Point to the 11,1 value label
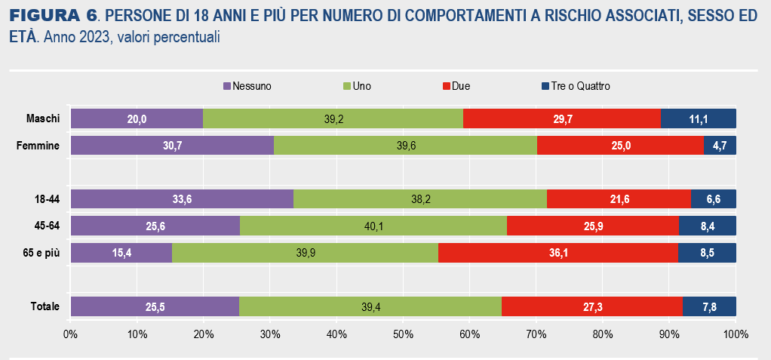click(699, 118)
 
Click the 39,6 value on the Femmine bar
click(406, 146)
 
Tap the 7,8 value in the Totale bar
click(709, 306)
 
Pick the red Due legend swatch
click(447, 86)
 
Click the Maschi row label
click(43, 118)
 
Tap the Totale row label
click(45, 306)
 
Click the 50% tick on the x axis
click(403, 333)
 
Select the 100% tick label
click(735, 333)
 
